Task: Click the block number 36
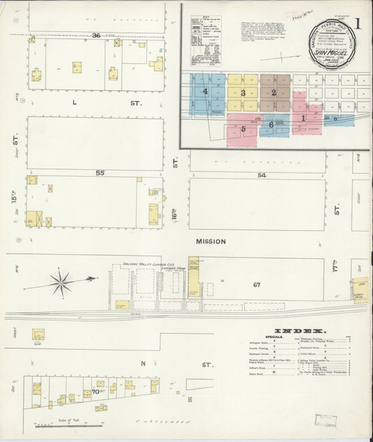point(96,36)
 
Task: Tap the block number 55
point(100,171)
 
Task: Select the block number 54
point(262,175)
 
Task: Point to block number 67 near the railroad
point(257,284)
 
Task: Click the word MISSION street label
point(211,241)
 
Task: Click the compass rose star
point(62,283)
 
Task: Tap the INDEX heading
point(300,331)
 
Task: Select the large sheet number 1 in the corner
point(358,23)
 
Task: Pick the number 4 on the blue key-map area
point(205,92)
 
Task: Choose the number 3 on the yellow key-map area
point(243,93)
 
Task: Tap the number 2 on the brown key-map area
point(274,93)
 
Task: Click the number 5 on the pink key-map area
point(243,129)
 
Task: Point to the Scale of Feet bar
point(68,427)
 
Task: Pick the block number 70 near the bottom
point(94,392)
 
